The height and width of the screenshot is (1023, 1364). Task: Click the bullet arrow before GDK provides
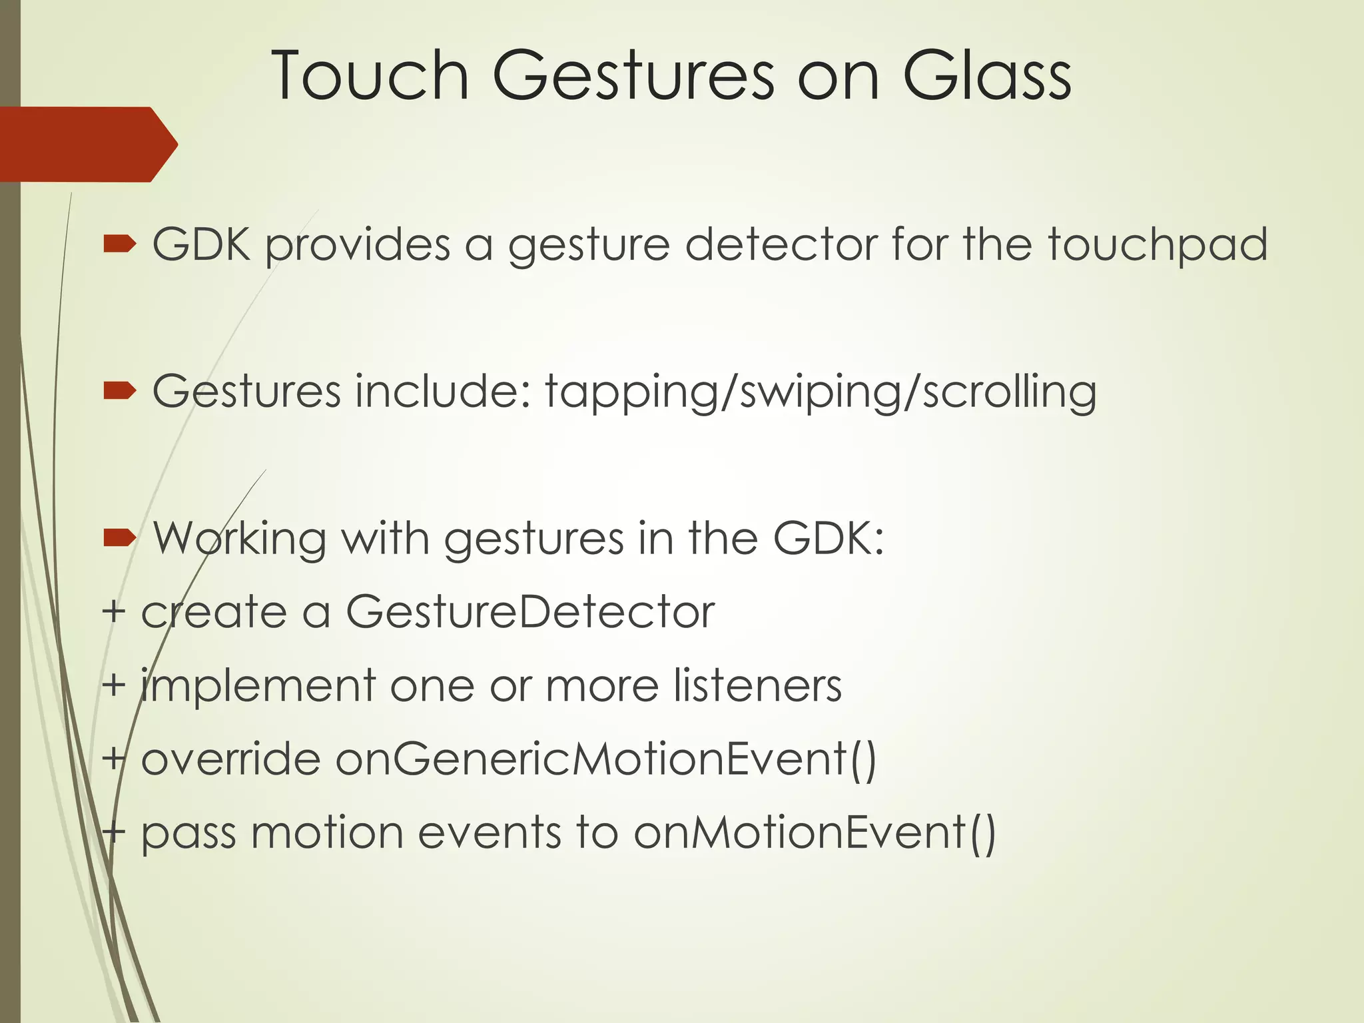tap(120, 245)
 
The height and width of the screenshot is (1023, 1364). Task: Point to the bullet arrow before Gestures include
tap(120, 392)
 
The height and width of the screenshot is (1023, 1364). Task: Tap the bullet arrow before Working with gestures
tap(120, 538)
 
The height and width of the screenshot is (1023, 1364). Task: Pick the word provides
tap(358, 245)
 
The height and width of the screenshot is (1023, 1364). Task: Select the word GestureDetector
tap(530, 611)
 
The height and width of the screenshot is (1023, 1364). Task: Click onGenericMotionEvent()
tap(606, 759)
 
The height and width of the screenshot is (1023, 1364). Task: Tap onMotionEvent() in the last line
tap(814, 833)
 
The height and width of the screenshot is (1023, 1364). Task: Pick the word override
tap(230, 759)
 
